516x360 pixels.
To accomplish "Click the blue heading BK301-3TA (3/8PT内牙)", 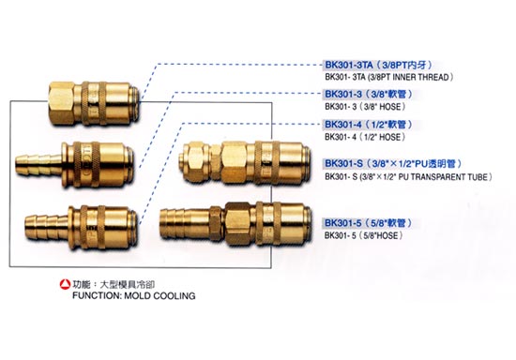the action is pos(378,65).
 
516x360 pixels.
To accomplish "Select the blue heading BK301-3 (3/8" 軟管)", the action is pos(369,94).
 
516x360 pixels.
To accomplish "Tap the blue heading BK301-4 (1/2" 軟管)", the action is pos(369,125).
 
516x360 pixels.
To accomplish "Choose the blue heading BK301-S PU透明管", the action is pos(393,163).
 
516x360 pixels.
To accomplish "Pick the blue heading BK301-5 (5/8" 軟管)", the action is pos(369,223).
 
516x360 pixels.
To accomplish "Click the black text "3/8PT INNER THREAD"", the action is pos(410,77).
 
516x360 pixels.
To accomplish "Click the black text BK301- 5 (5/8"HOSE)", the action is pos(364,235).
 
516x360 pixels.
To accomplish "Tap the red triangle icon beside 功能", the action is pos(65,284).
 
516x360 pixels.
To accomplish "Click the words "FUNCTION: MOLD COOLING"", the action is pos(133,295).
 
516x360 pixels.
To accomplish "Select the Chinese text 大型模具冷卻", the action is pos(127,284).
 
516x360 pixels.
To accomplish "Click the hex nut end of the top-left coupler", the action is pos(63,103).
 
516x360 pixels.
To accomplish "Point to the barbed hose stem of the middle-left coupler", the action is pos(38,163).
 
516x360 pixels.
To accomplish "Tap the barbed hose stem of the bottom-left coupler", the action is pos(46,227).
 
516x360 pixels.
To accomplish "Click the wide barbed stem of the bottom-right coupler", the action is pos(184,222).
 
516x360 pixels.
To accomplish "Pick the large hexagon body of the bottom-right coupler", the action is pos(237,222).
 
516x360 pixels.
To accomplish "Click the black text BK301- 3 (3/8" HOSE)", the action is pos(365,107).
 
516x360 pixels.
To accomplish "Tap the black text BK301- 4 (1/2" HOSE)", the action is pos(365,137).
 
